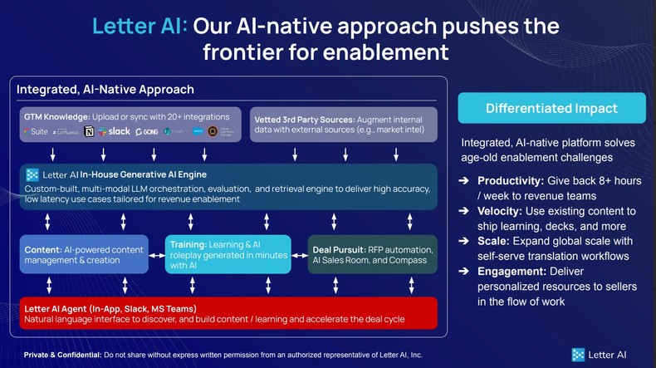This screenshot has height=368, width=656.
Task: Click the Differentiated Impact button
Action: pyautogui.click(x=551, y=108)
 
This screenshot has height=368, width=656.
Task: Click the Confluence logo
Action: pyautogui.click(x=66, y=131)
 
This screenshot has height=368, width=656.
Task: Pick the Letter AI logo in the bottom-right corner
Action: pyautogui.click(x=600, y=355)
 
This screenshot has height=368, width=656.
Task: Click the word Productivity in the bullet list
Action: pyautogui.click(x=511, y=181)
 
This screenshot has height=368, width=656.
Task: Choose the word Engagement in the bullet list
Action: pyautogui.click(x=512, y=271)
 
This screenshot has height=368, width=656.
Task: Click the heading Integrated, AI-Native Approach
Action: pyautogui.click(x=105, y=90)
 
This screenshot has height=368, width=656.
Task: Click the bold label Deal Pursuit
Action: pyautogui.click(x=340, y=249)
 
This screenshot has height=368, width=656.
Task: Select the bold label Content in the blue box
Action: pyautogui.click(x=42, y=249)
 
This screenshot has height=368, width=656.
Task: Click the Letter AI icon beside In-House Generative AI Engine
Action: pyautogui.click(x=32, y=174)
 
